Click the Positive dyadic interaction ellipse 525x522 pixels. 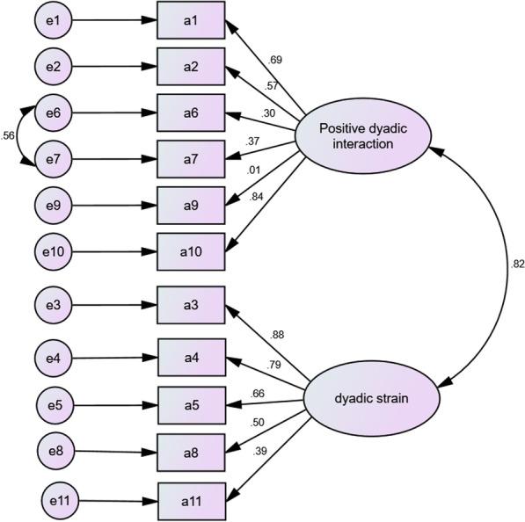(361, 136)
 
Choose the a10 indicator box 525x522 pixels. (190, 252)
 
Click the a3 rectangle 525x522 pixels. (190, 307)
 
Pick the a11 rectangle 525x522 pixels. (190, 503)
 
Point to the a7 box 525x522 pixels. (190, 161)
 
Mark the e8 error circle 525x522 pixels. (55, 453)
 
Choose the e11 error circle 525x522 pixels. (58, 503)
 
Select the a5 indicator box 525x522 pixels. (190, 405)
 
